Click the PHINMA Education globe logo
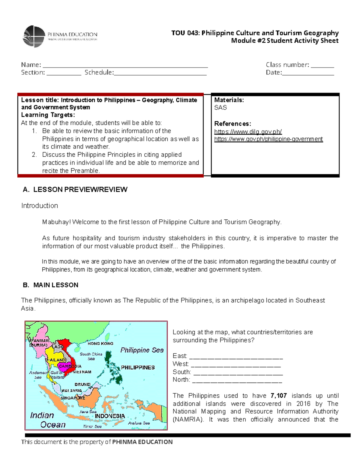[x=34, y=36]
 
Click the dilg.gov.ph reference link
[x=248, y=132]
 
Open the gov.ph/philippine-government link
[x=268, y=139]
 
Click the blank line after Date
[x=308, y=73]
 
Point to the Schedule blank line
[x=160, y=73]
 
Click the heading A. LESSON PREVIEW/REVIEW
[x=75, y=189]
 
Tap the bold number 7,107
[x=278, y=395]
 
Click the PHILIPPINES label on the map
[x=138, y=368]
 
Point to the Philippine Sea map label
[x=142, y=350]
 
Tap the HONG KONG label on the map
[x=100, y=343]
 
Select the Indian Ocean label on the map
[x=47, y=420]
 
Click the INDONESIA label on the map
[x=110, y=416]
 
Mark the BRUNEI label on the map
[x=82, y=384]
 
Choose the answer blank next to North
[x=237, y=380]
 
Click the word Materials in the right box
[x=229, y=100]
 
